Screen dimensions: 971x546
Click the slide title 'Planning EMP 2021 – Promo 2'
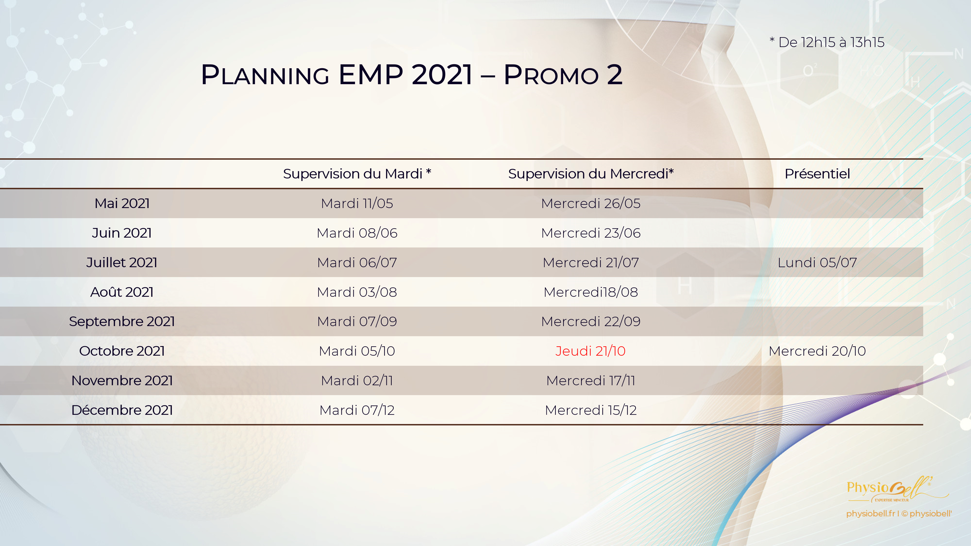[412, 74]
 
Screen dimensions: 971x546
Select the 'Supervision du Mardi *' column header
[357, 174]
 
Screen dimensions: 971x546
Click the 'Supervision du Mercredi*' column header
[591, 174]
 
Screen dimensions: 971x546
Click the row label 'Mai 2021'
[122, 203]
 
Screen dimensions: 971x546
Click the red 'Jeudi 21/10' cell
[590, 351]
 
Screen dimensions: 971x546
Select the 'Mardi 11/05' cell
[357, 203]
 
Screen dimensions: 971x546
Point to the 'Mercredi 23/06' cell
[591, 233]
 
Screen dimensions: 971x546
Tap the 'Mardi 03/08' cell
[357, 292]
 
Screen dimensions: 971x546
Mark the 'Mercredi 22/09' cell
[591, 322]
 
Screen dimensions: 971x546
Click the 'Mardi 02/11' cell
[357, 381]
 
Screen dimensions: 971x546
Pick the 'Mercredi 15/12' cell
[591, 410]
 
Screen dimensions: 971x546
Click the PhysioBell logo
[897, 489]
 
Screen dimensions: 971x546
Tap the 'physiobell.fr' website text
[870, 514]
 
